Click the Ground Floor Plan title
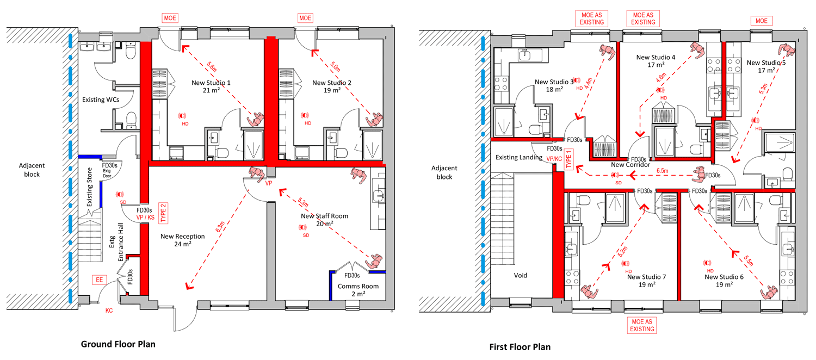click(118, 344)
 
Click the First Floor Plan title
click(520, 347)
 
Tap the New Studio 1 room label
click(211, 86)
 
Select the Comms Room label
click(358, 290)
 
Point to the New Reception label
click(182, 240)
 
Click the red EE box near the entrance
click(100, 280)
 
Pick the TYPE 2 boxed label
click(163, 213)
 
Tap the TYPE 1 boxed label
click(568, 159)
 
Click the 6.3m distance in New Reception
click(220, 227)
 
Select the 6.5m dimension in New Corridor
click(662, 171)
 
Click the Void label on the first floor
click(520, 275)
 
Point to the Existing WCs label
click(101, 100)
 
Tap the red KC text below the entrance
click(109, 311)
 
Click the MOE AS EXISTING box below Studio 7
click(642, 325)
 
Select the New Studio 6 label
click(724, 281)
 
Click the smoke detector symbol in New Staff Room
click(302, 227)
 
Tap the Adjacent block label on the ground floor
click(32, 170)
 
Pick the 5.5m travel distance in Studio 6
click(748, 260)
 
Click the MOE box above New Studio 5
click(762, 21)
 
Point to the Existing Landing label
click(519, 157)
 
